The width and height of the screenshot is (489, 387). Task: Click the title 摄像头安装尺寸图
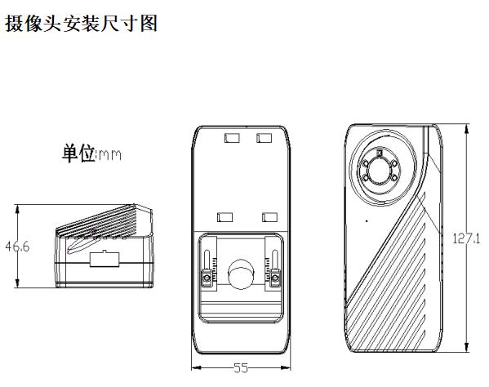[81, 24]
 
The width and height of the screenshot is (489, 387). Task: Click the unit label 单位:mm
[91, 153]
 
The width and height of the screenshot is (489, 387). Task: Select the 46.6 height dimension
[17, 247]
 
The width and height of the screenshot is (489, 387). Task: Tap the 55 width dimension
[241, 368]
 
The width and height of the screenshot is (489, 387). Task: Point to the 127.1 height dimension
[466, 238]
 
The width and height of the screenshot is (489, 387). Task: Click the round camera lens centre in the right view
[379, 171]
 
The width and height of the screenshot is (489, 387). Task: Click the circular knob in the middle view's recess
[242, 274]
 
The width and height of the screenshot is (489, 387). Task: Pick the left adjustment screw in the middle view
[207, 278]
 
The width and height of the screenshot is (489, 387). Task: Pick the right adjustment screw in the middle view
[275, 278]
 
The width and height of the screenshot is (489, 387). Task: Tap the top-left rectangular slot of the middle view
[233, 138]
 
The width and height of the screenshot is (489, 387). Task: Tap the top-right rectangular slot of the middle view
[264, 138]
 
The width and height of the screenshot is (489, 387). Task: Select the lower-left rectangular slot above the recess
[224, 217]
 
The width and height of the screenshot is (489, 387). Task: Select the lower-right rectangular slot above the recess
[269, 217]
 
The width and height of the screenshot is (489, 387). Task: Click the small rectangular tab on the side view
[104, 259]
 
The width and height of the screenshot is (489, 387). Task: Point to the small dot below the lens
[367, 221]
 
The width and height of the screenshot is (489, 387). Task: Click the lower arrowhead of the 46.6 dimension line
[17, 282]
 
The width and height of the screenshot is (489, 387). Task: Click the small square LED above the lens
[380, 153]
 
